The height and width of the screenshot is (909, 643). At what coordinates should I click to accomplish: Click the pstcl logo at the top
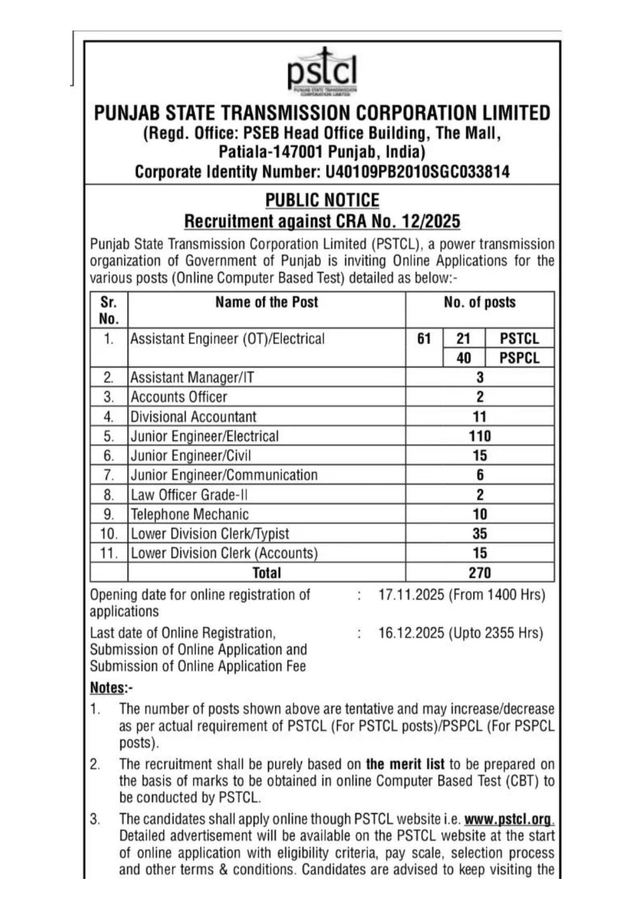click(322, 72)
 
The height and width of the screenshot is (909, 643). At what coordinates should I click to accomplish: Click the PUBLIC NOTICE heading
click(322, 200)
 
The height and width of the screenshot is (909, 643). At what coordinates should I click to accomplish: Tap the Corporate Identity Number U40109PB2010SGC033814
click(417, 172)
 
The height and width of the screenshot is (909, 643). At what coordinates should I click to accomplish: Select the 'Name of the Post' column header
click(267, 302)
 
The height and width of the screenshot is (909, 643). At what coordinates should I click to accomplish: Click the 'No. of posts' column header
click(480, 302)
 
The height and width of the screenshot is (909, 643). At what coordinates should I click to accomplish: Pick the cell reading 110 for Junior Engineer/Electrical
click(480, 436)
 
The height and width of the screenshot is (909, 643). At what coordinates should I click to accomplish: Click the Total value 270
click(480, 573)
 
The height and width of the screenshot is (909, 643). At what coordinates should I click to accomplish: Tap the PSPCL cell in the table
click(519, 358)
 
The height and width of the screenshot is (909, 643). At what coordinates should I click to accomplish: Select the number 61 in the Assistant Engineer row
click(424, 339)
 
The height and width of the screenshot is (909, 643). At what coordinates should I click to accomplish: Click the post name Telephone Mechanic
click(190, 514)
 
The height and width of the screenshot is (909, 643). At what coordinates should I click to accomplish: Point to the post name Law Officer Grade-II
click(189, 495)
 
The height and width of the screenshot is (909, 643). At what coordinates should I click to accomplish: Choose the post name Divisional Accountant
click(193, 417)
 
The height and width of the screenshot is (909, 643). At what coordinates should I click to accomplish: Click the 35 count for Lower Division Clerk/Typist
click(480, 534)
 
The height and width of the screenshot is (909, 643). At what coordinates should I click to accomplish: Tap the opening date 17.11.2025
click(411, 594)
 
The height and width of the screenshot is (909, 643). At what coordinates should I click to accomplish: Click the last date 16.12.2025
click(411, 633)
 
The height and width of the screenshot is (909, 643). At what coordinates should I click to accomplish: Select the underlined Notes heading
click(108, 688)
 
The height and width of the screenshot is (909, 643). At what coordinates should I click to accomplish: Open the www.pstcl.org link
click(508, 819)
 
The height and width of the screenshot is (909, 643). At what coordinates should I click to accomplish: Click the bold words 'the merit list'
click(405, 764)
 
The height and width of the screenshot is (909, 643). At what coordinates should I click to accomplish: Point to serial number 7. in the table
click(108, 475)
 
